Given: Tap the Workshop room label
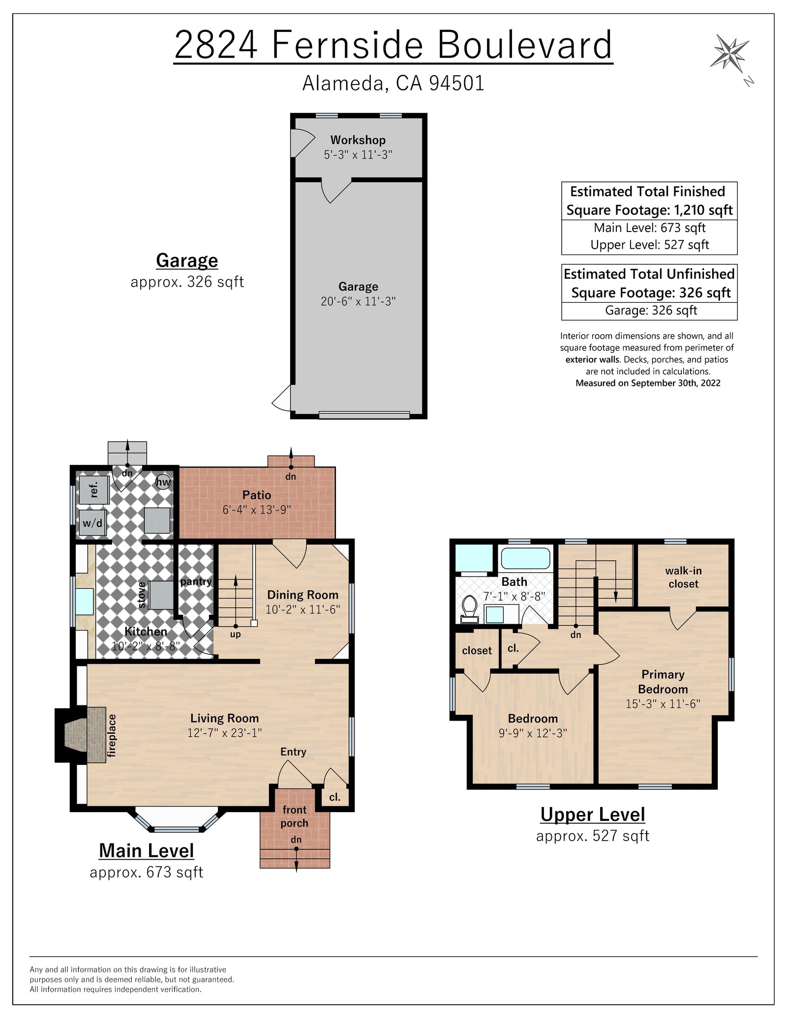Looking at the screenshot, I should (x=358, y=140).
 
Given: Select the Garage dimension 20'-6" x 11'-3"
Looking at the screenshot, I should (x=358, y=301).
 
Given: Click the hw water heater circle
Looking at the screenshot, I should (x=163, y=482).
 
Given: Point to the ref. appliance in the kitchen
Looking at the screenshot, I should (x=94, y=489).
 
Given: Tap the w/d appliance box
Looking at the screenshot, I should (x=92, y=523).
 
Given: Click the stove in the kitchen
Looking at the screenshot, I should (x=161, y=595).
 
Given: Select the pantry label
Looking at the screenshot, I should (x=196, y=582).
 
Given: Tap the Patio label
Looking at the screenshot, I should (x=256, y=495).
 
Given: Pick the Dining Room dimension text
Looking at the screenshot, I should (x=303, y=610).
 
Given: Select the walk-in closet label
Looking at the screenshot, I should (x=683, y=577).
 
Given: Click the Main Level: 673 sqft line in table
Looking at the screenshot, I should (x=649, y=228).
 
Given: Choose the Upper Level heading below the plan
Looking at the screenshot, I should (x=592, y=814).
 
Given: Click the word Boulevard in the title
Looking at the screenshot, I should (x=524, y=45).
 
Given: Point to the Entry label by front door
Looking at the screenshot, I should (x=293, y=752).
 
